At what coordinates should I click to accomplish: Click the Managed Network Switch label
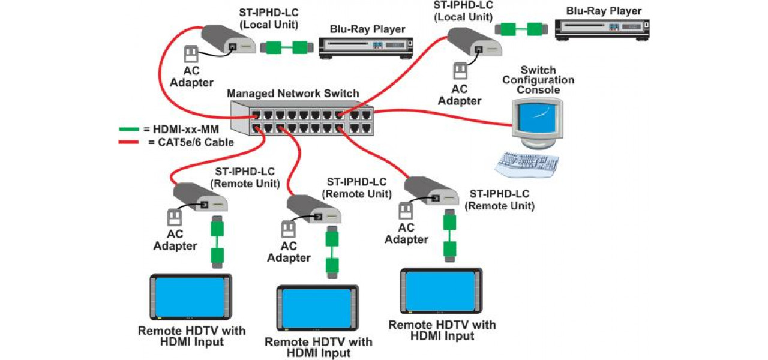(x=293, y=94)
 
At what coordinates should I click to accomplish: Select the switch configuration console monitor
(x=538, y=120)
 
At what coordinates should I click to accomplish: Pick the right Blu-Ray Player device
(x=602, y=28)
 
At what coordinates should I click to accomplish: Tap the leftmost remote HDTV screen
(x=190, y=296)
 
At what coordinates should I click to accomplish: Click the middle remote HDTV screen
(x=317, y=308)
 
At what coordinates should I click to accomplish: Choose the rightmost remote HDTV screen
(x=443, y=291)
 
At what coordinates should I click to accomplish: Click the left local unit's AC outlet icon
(x=190, y=54)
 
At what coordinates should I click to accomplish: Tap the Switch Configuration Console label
(x=538, y=80)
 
